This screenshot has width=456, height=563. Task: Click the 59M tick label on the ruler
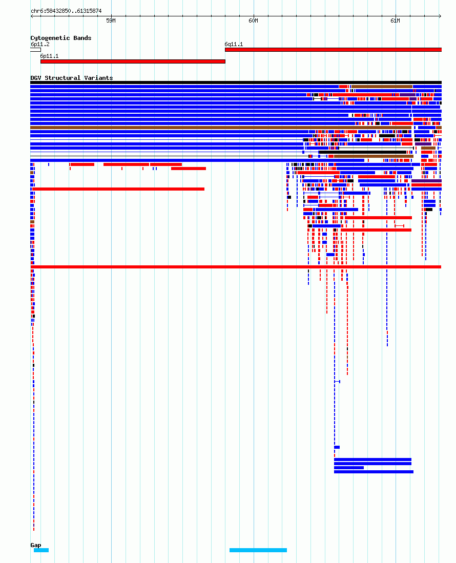(x=111, y=21)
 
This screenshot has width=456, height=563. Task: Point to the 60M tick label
(x=253, y=21)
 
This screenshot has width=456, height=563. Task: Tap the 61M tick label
(x=395, y=21)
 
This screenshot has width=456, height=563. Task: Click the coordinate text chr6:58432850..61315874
(x=66, y=11)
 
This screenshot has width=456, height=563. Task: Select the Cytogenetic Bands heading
(x=60, y=38)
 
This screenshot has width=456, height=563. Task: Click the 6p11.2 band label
(x=40, y=44)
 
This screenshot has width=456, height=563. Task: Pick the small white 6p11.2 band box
(x=35, y=50)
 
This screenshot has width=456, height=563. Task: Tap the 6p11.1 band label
(x=49, y=56)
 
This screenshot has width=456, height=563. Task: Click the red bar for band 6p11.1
(x=133, y=61)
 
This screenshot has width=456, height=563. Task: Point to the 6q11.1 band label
(x=234, y=44)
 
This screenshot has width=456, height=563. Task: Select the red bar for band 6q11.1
(x=333, y=50)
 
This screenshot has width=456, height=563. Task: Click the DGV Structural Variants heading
(x=71, y=77)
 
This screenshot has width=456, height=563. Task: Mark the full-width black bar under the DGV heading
(x=236, y=82)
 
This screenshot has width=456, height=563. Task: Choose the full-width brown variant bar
(x=221, y=128)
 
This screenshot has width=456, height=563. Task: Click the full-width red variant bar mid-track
(x=236, y=267)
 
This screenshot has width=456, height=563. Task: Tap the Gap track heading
(x=35, y=545)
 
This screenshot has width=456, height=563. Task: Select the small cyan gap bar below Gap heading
(x=42, y=550)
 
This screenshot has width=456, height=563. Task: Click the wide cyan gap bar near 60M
(x=258, y=550)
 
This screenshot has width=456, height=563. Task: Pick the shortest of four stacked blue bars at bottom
(x=348, y=468)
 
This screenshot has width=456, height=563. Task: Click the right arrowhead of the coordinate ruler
(x=440, y=16)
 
